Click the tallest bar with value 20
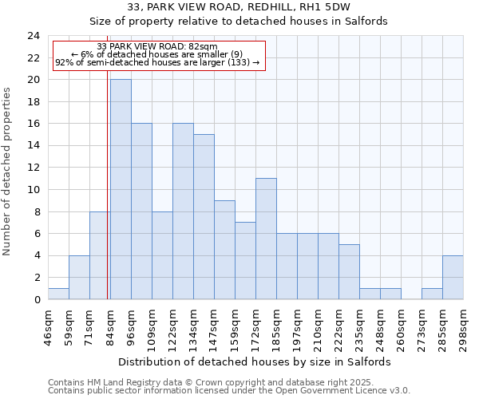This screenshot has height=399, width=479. click(x=121, y=189)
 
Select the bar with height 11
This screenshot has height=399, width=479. click(x=266, y=239)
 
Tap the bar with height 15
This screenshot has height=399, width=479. click(x=204, y=217)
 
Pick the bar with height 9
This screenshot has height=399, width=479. click(x=224, y=250)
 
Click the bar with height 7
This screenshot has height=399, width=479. click(x=245, y=261)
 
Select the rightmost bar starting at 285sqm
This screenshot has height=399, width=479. click(x=453, y=278)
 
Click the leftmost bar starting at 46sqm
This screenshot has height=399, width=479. click(x=58, y=294)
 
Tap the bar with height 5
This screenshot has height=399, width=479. click(x=349, y=272)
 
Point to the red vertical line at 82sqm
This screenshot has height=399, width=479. click(x=107, y=184)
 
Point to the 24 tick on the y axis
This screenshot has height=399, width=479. click(x=34, y=36)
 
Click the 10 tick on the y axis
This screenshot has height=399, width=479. click(x=34, y=190)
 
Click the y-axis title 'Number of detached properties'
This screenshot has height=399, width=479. click(x=8, y=171)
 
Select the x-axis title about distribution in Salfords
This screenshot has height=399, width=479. click(x=260, y=361)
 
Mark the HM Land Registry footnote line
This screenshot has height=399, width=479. click(x=216, y=382)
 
